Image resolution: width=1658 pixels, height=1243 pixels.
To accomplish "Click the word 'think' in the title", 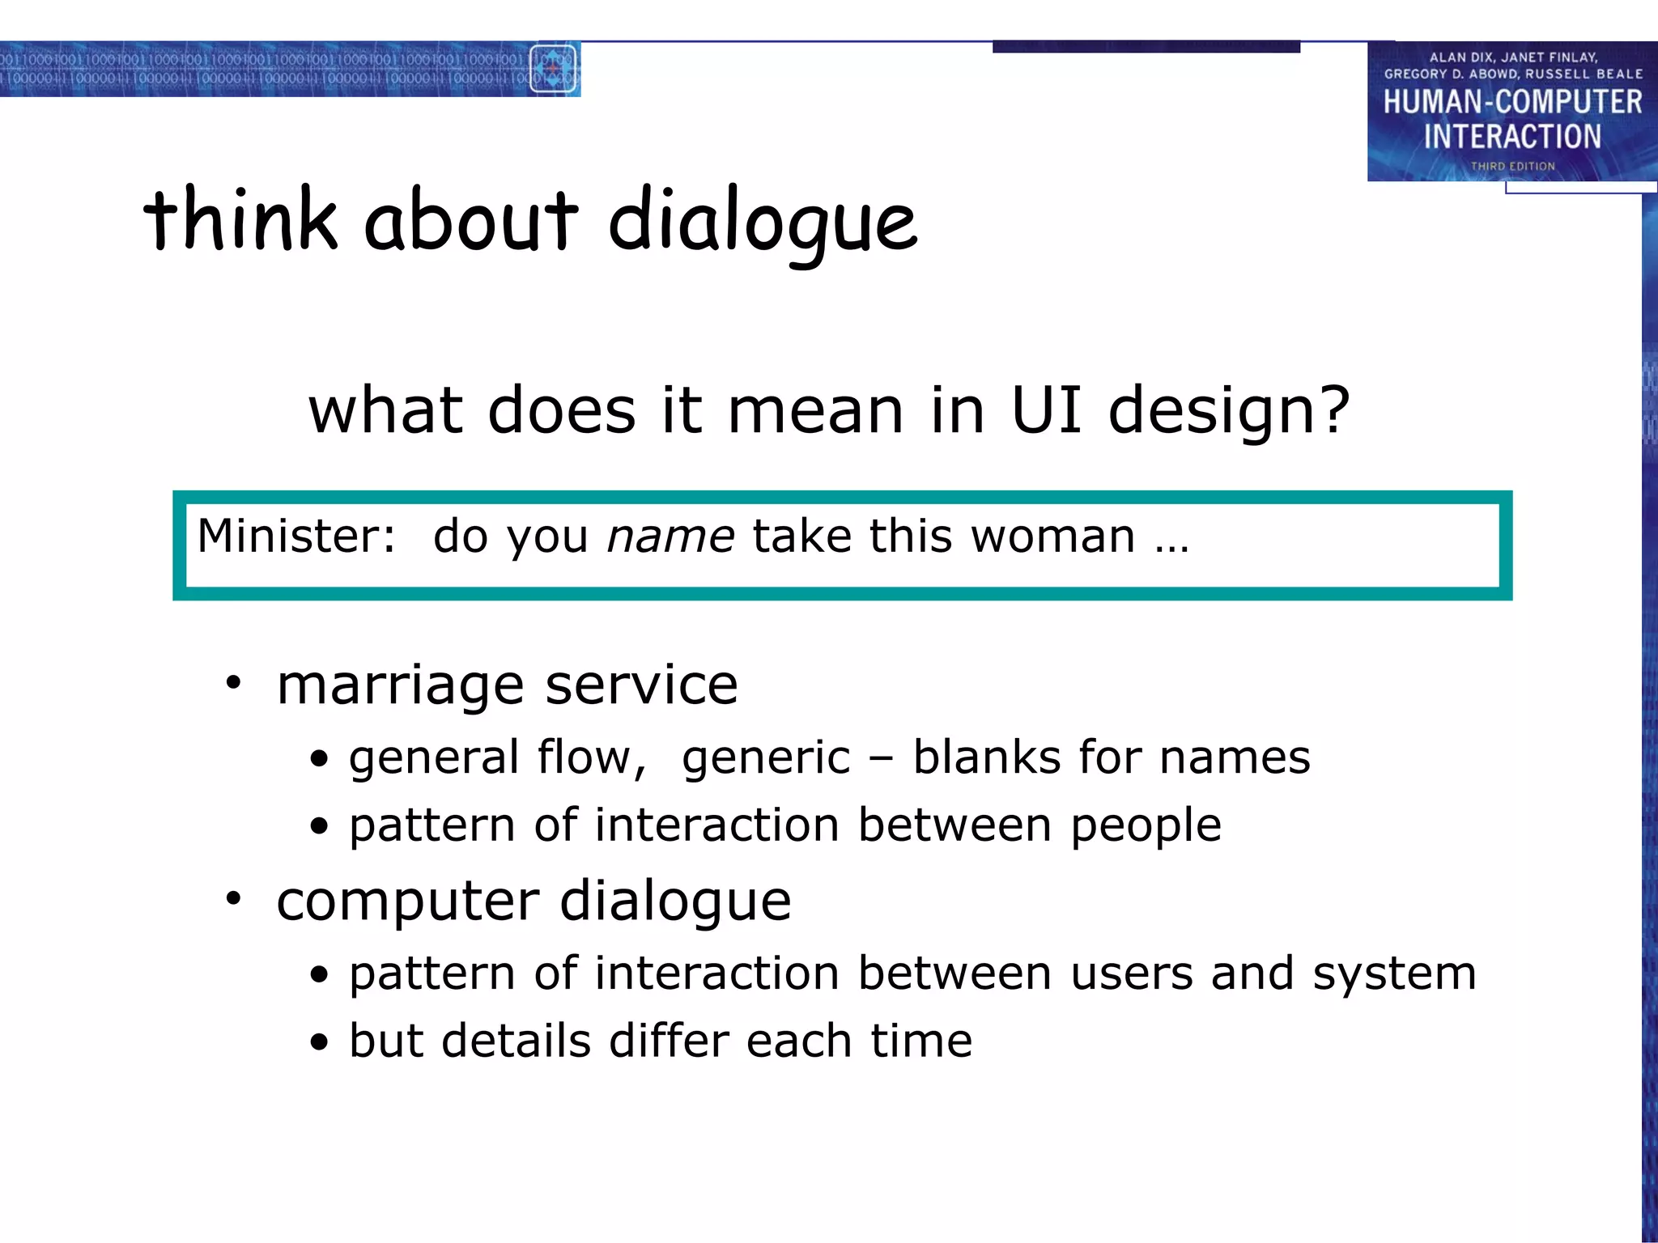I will click(x=240, y=218).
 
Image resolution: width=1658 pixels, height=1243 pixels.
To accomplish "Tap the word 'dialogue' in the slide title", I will click(x=763, y=223).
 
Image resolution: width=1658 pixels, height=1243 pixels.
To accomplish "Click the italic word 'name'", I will click(x=670, y=537).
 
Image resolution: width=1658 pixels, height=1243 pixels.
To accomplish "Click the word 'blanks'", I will click(x=986, y=757).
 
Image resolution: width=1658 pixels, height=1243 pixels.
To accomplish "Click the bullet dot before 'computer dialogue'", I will click(x=234, y=899).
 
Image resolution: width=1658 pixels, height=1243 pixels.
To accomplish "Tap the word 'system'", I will click(x=1394, y=974).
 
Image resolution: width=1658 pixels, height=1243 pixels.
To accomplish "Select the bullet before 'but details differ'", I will click(x=320, y=1042).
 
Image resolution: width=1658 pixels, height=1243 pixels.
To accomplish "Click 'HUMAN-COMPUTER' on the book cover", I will click(x=1512, y=102).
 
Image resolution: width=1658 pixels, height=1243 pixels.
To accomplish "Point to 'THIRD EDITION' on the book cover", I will click(x=1512, y=166).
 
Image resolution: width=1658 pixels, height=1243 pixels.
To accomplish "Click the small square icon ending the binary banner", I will click(x=553, y=69).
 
